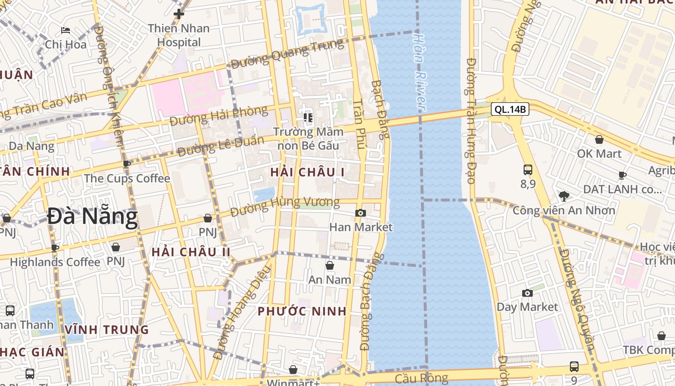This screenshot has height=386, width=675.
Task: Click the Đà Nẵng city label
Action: point(92,217)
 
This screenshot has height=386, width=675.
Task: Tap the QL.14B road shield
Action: point(510,110)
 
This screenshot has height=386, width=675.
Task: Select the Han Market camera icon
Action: point(360,213)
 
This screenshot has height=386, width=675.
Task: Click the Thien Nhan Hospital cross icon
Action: point(179,14)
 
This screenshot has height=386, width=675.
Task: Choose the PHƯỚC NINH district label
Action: point(302,311)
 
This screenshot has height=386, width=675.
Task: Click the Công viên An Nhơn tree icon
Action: point(564,196)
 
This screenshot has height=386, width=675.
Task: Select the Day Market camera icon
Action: point(527,293)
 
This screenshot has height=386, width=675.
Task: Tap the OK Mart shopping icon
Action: point(599,139)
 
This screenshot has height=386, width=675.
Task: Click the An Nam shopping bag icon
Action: point(330,265)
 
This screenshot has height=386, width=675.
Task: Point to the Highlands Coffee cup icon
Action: point(55,248)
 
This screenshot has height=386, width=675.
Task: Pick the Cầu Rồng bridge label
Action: point(421,378)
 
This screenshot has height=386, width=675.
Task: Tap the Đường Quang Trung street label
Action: point(287,53)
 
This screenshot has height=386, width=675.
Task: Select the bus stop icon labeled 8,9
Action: point(528,170)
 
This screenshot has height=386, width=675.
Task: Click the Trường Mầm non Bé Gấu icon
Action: point(308,117)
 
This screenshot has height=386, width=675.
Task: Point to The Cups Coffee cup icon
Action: point(127,164)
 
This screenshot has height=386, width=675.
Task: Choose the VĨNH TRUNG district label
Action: point(107,330)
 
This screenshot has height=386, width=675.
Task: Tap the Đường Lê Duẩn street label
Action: point(220,146)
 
